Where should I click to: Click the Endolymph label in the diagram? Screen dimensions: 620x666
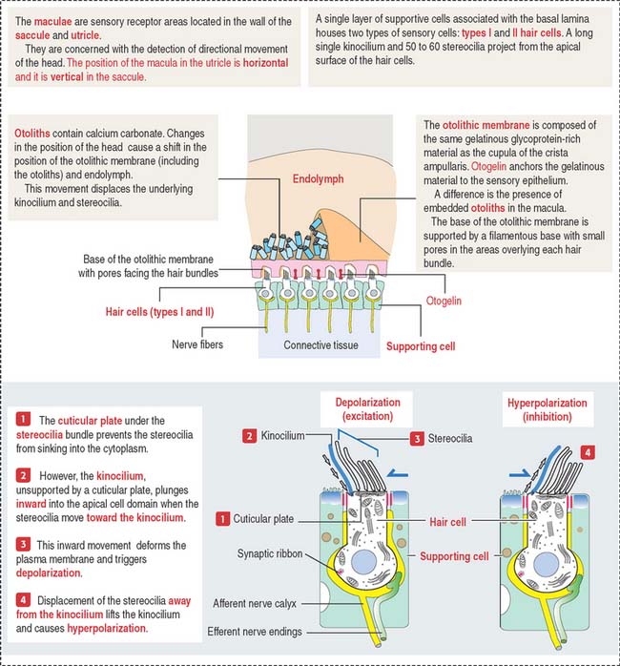[318, 178]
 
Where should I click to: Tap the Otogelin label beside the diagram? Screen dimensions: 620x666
[444, 301]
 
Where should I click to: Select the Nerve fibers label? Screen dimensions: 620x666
[197, 344]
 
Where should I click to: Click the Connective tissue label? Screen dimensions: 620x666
[320, 344]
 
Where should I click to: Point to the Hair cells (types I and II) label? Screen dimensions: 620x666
[159, 312]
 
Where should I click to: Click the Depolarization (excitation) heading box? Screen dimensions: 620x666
[367, 409]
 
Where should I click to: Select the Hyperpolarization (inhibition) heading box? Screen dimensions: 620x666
[548, 409]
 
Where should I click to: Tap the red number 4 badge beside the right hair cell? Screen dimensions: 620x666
[588, 452]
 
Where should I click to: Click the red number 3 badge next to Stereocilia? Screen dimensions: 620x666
[417, 439]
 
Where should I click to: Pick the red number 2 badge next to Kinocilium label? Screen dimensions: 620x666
[249, 436]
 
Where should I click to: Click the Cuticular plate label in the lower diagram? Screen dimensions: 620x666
[263, 519]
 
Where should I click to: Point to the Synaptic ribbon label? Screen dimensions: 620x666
[270, 553]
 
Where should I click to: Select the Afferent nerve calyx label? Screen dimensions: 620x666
[255, 603]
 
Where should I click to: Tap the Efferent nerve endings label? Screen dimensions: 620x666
[255, 632]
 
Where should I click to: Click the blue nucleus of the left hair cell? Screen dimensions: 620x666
[363, 562]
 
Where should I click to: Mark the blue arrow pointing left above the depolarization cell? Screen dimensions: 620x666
[398, 474]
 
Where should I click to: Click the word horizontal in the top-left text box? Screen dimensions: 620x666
[265, 63]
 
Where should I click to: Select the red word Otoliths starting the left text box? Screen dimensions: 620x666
[32, 134]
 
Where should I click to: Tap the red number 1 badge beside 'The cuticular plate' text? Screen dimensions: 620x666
[23, 419]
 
